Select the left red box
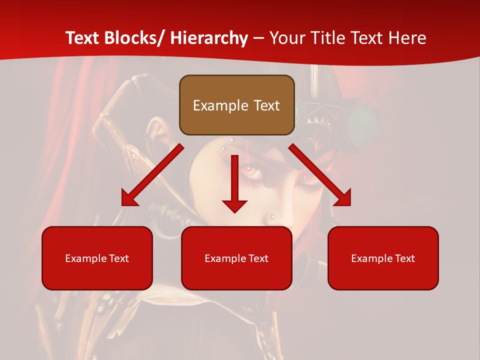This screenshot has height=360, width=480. pyautogui.click(x=97, y=258)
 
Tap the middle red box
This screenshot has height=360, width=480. pyautogui.click(x=236, y=258)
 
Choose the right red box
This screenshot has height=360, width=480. pyautogui.click(x=383, y=258)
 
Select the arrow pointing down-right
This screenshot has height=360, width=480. pyautogui.click(x=320, y=175)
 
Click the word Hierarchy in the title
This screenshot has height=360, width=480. pyautogui.click(x=209, y=38)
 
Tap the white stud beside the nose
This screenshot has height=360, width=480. pyautogui.click(x=273, y=216)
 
